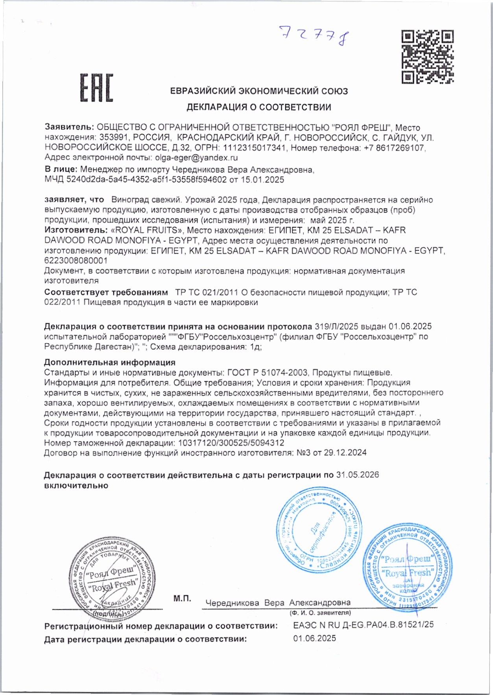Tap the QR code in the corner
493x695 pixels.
point(427,57)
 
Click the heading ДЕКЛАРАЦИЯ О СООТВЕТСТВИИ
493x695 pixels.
point(259,107)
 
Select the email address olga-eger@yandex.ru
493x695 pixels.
point(196,158)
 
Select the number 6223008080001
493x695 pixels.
point(76,260)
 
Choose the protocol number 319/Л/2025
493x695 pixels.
point(336,326)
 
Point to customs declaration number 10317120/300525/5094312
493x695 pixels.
point(231,443)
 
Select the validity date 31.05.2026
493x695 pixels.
point(357,475)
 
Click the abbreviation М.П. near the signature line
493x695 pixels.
point(182,599)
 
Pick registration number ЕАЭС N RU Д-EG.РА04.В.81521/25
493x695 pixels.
point(363,625)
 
